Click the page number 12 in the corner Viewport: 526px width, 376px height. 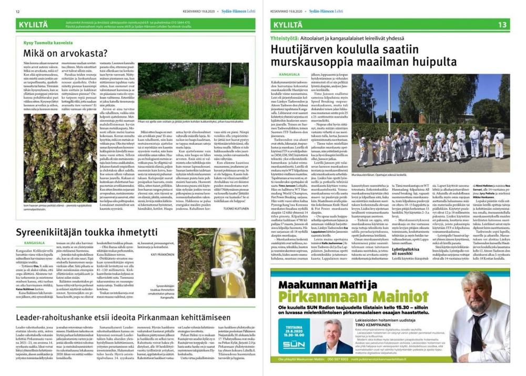(x=17, y=11)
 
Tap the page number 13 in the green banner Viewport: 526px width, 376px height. (x=502, y=24)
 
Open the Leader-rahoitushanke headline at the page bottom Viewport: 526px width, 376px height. (x=124, y=318)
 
